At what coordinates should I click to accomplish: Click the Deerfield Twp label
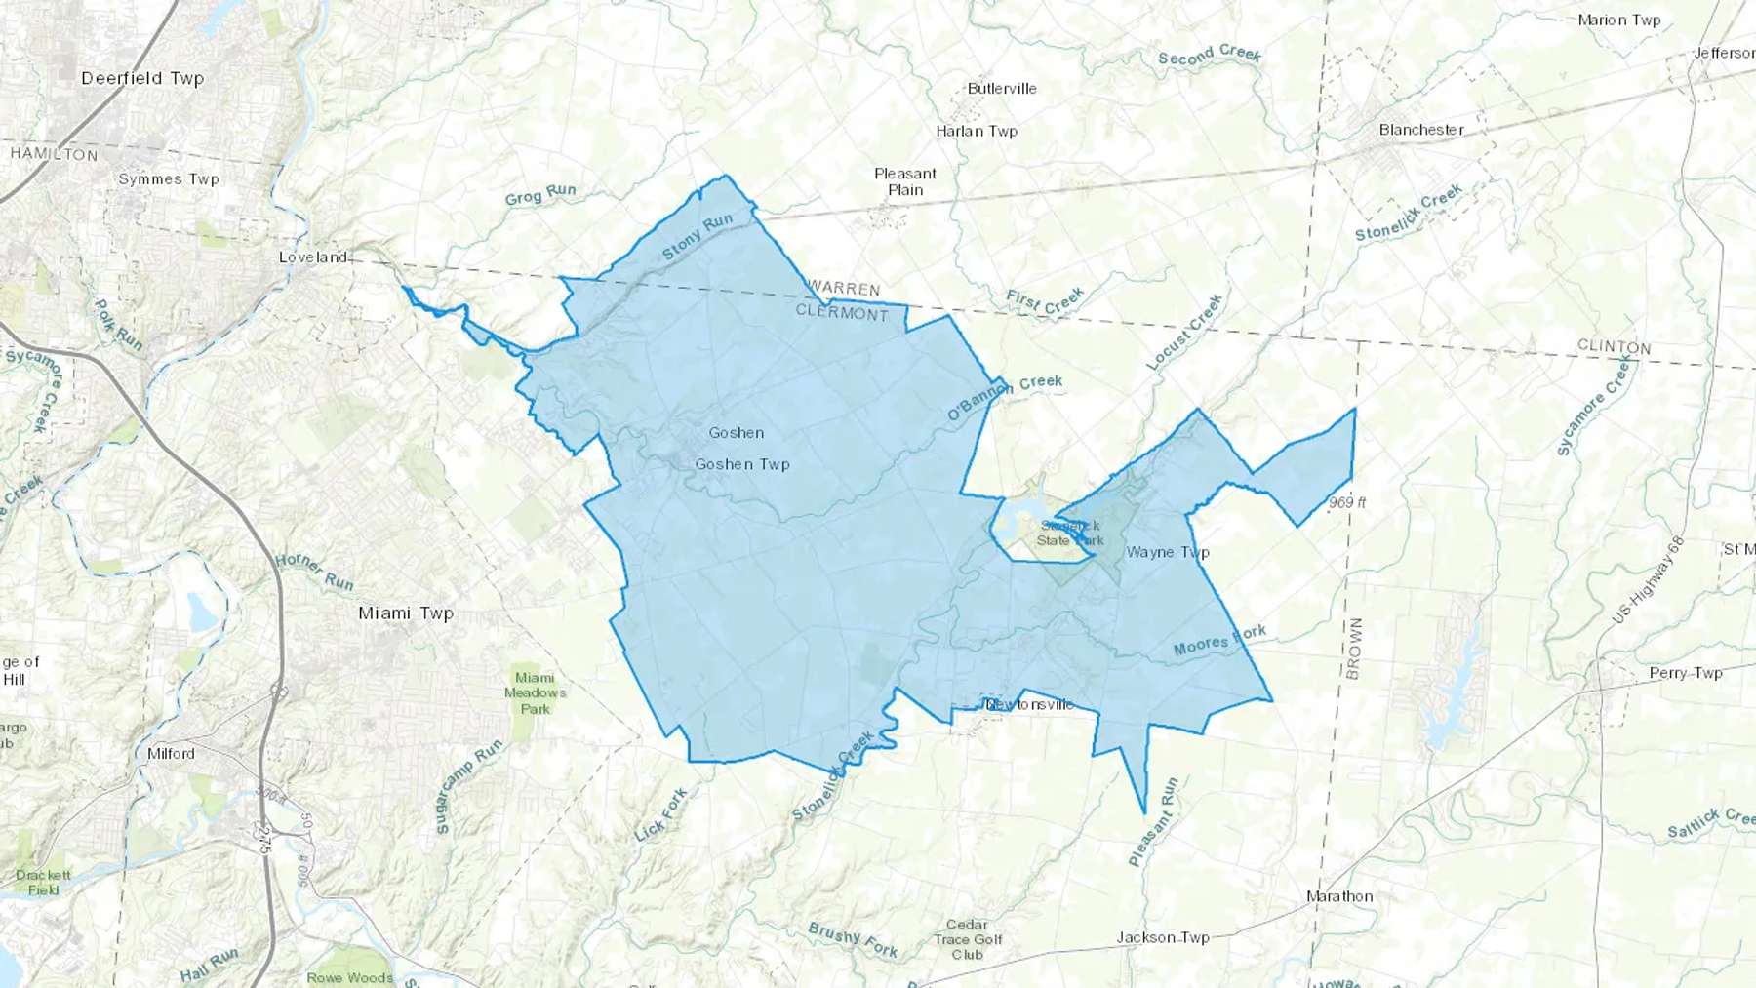coord(142,78)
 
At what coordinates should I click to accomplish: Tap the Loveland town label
coord(313,257)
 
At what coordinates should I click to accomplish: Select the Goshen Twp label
coord(742,464)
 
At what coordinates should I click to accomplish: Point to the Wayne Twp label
coord(1168,552)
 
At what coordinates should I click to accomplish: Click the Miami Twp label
coord(406,613)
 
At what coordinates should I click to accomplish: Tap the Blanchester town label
coord(1421,130)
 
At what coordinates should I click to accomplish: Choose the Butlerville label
coord(1002,89)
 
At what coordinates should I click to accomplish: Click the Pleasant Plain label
coord(905,181)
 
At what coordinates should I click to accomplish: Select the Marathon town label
coord(1339,896)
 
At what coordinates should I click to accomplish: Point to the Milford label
coord(171,754)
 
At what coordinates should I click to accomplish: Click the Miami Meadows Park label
coord(535,692)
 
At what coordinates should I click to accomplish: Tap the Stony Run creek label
coord(697,237)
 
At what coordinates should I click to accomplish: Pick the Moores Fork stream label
coord(1219,641)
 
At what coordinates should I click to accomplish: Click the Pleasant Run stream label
coord(1153,822)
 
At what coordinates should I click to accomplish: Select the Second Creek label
coord(1210,56)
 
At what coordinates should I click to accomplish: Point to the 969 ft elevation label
coord(1347,502)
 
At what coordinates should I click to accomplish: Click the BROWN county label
coord(1354,649)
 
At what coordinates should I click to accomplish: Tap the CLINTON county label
coord(1614,347)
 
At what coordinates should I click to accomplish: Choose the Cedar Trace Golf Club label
coord(967,939)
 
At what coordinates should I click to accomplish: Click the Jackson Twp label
coord(1163,937)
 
